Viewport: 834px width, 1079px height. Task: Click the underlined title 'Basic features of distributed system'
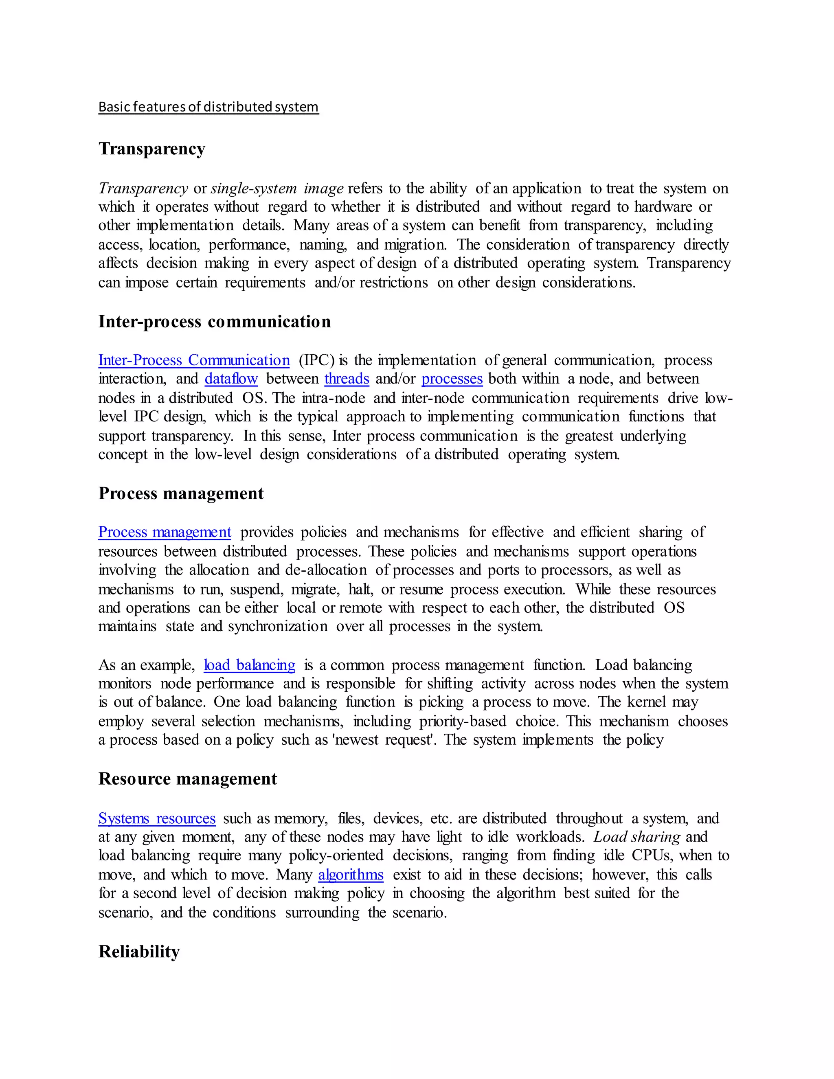coord(208,107)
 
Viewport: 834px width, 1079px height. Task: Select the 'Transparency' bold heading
coord(151,149)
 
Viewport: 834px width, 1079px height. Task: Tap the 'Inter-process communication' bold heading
coord(215,322)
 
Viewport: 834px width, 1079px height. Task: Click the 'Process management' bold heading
coord(181,493)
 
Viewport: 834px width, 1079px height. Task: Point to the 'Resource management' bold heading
coord(188,779)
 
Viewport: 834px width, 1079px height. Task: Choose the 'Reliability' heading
coord(139,952)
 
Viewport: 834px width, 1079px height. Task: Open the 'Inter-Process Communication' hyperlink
coord(194,360)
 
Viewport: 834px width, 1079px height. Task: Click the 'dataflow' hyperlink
coord(231,379)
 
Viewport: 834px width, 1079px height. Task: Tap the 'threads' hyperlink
coord(347,379)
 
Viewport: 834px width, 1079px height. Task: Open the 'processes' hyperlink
coord(452,379)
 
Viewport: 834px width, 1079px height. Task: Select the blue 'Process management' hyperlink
coord(165,532)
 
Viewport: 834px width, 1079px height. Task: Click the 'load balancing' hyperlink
coord(250,665)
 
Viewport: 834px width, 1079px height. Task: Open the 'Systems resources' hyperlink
coord(157,819)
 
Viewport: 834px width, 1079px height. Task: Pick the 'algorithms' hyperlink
coord(351,875)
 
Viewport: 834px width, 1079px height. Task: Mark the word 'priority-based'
coord(463,722)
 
